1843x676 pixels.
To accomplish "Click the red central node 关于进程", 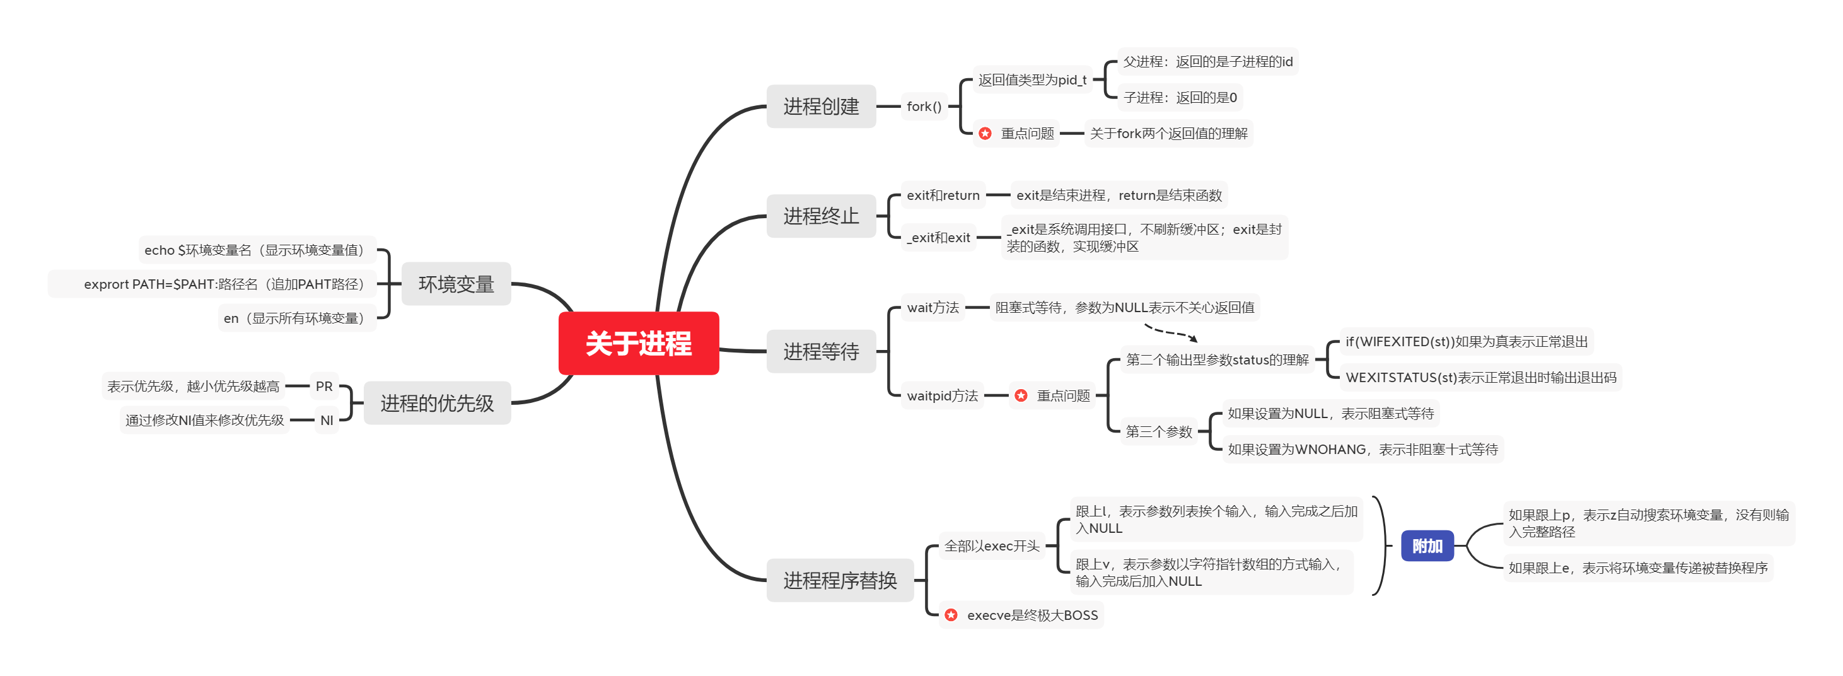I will click(x=638, y=344).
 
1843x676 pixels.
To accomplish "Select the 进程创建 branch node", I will click(x=821, y=107).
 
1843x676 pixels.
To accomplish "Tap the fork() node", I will click(x=924, y=107).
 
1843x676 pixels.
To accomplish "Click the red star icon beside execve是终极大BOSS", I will click(x=951, y=615).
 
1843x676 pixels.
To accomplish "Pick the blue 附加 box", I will click(x=1427, y=546).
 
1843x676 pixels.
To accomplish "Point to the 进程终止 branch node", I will click(x=821, y=216).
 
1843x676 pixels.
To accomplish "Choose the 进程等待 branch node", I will click(x=821, y=351).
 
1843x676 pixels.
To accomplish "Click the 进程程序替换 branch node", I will click(x=840, y=580).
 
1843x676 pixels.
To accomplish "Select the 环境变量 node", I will click(x=456, y=284).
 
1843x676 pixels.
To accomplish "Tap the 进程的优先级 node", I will click(x=437, y=404).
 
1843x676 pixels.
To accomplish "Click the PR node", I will click(x=324, y=387).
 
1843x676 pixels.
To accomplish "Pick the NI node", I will click(x=326, y=421).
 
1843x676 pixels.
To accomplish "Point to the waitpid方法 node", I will click(x=941, y=395).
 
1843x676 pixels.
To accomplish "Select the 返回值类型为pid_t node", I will click(x=1032, y=80).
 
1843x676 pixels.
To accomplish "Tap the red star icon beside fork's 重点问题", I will click(x=985, y=134).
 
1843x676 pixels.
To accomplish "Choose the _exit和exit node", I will click(x=938, y=238).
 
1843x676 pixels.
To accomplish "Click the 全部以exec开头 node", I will click(x=992, y=546).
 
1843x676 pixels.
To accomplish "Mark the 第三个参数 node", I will click(x=1158, y=431).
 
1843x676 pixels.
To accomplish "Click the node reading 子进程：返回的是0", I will click(x=1179, y=98).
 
